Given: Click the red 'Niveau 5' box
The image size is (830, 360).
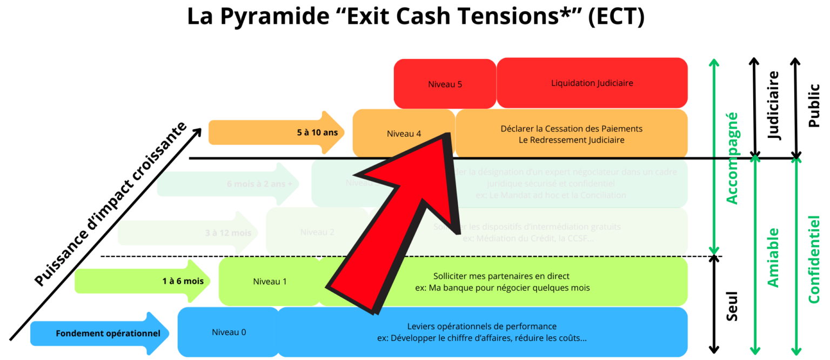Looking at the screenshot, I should (445, 84).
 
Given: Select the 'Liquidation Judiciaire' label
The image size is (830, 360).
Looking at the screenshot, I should (592, 83).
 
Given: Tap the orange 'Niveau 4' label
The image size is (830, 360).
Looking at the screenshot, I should (404, 134).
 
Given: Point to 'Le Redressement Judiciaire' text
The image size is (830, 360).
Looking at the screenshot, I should (571, 140).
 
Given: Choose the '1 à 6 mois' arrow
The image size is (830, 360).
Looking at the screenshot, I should (143, 281).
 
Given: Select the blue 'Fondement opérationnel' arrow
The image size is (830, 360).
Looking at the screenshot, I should (100, 333).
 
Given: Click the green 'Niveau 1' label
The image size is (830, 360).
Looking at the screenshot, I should (270, 282).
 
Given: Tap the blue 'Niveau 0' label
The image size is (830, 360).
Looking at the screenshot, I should (229, 332).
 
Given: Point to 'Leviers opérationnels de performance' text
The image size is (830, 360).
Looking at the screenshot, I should (481, 326).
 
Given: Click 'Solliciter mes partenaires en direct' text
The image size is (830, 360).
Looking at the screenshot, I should (501, 276).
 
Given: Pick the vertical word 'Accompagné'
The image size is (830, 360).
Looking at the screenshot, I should (732, 158).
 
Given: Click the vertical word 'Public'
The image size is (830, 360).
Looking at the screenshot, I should (813, 105).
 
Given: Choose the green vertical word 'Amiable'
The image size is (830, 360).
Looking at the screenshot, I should (773, 257).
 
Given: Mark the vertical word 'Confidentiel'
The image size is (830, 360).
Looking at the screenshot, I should (813, 259).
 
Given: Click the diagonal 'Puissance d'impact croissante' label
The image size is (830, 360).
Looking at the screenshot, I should (111, 204).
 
